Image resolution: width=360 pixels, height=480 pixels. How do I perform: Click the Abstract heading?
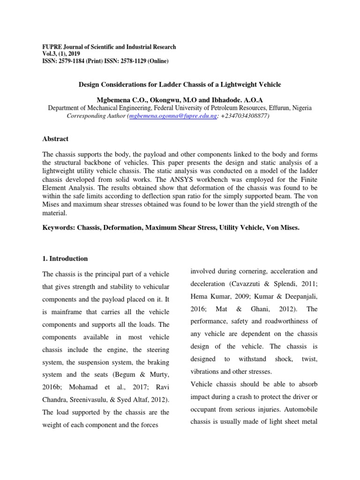(55, 139)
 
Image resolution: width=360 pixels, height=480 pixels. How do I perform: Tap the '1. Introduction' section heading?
(65, 258)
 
